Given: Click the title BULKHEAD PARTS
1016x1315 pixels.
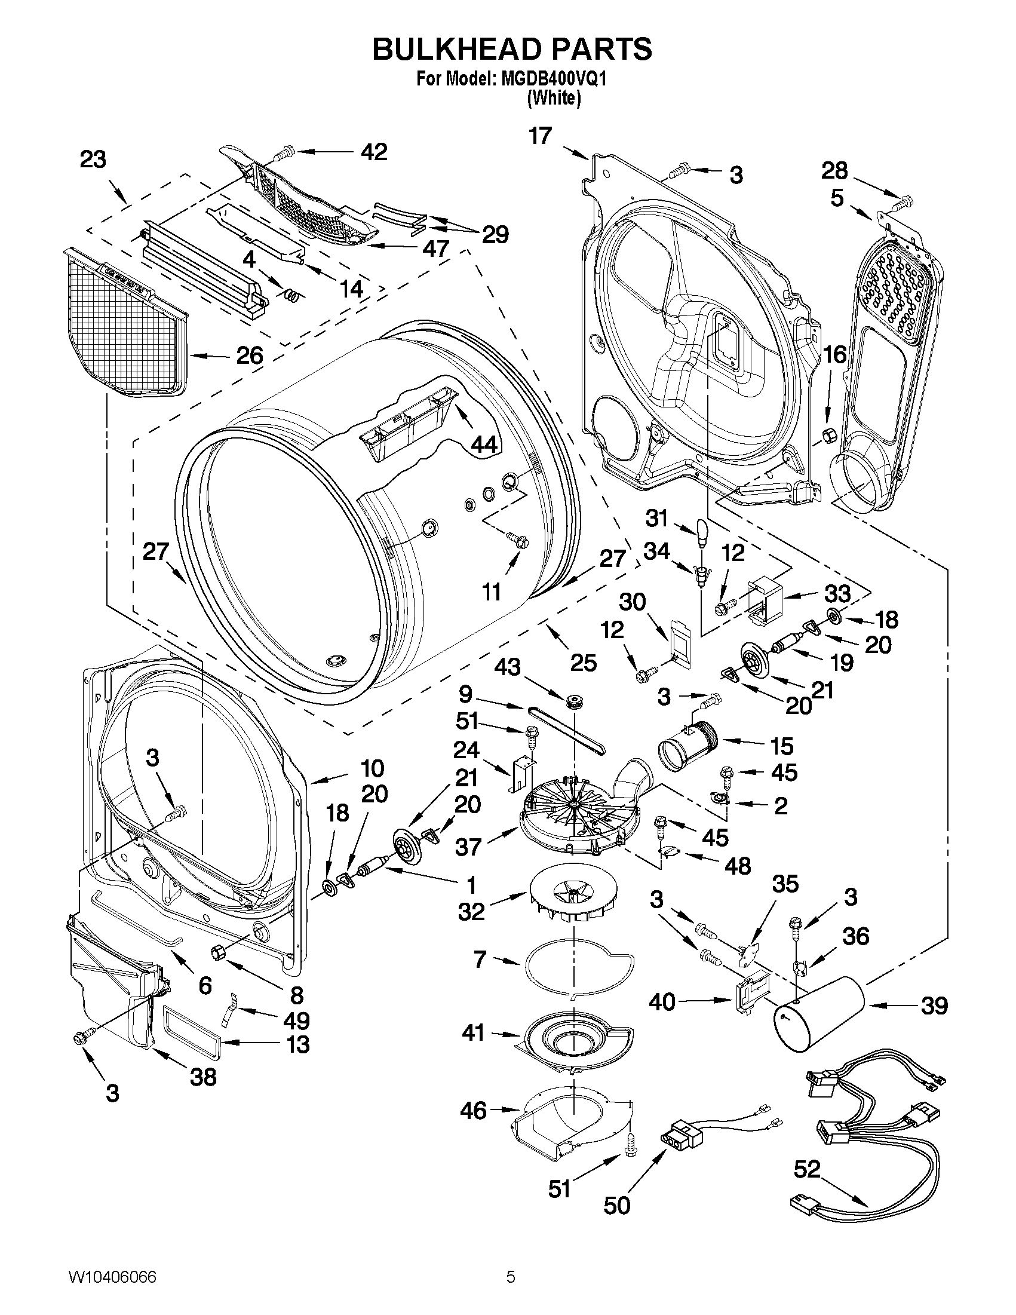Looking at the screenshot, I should pos(512,49).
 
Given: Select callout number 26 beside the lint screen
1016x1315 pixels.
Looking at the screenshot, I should pos(249,355).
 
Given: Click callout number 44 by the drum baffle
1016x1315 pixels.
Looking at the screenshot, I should pos(483,445).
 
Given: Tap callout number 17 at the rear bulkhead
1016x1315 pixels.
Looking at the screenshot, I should pos(540,136).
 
